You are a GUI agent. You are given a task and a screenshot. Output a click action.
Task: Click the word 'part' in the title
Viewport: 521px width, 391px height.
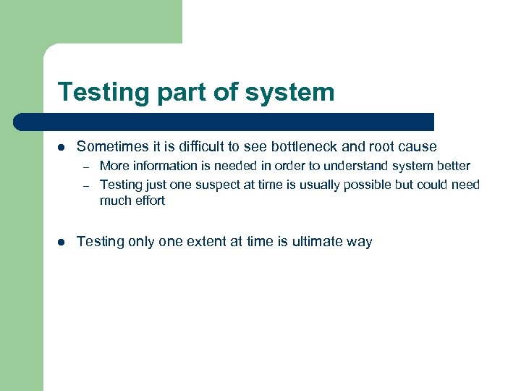point(179,93)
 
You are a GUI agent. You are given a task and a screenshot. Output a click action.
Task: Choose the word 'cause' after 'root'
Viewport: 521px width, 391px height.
point(418,147)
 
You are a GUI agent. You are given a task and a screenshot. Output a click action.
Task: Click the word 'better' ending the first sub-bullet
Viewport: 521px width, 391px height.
point(453,166)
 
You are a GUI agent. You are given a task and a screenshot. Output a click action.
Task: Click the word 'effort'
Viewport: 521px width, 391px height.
point(149,201)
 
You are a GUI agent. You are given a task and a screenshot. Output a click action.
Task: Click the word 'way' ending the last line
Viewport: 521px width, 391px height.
point(359,243)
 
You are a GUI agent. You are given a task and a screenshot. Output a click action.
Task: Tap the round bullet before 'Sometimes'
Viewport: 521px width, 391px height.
point(62,147)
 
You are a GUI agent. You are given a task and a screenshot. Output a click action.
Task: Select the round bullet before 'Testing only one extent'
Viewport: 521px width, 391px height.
point(62,242)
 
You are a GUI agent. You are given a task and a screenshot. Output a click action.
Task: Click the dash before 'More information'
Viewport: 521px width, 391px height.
point(85,167)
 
